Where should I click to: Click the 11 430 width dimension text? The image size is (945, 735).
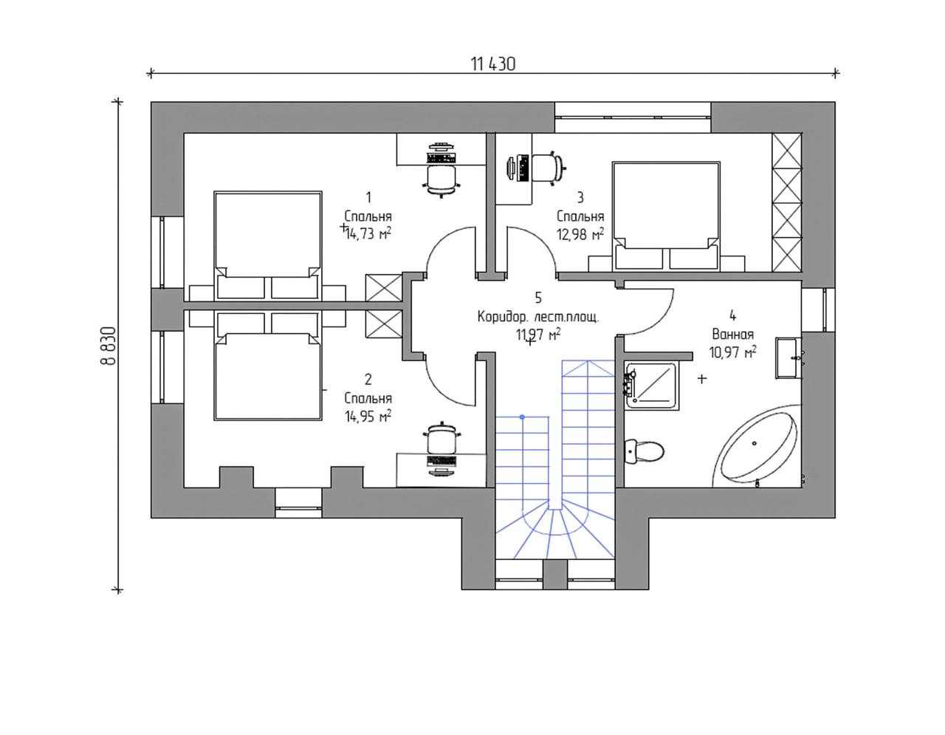coord(492,64)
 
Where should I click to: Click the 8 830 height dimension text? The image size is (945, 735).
coord(109,346)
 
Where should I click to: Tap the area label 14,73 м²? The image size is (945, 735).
coord(368,234)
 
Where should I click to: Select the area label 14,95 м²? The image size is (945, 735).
coord(368,416)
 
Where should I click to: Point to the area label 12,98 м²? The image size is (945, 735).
coord(580,234)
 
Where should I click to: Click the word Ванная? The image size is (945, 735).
coord(732,335)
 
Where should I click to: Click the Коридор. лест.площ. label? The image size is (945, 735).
coord(538,317)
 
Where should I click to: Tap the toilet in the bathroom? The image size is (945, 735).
coord(644,451)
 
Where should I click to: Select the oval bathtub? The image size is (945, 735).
coord(756,448)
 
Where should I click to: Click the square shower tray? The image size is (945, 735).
coord(651,385)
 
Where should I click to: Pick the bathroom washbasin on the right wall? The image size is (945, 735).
coord(788,358)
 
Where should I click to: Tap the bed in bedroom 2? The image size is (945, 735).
coord(268,366)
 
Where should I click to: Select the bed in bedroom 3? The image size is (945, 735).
coord(666,216)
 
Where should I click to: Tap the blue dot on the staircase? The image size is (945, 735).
coord(522,417)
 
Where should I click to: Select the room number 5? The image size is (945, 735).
coord(538,298)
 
